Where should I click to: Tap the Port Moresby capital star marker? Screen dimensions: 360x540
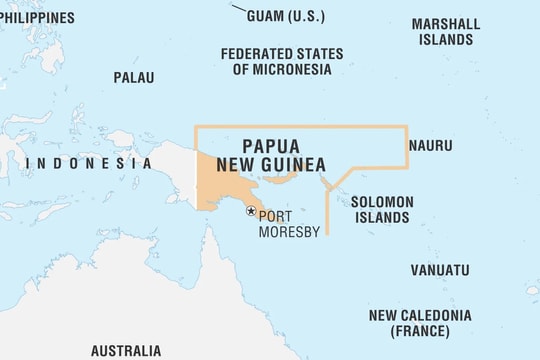coord(251,210)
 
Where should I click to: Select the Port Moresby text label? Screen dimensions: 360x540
coord(288,224)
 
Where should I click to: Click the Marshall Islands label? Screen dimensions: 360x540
coord(445,31)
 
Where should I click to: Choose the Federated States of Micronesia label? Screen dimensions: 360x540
coord(281,61)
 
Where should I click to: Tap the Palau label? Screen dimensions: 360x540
coord(133,77)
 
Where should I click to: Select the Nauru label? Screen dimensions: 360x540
coord(430,146)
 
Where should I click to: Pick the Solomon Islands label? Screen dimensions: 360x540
coord(381,209)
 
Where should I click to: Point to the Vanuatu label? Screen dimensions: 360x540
coord(439,270)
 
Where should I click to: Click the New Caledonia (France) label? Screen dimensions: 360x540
coord(419,322)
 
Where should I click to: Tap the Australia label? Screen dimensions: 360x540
coord(125,351)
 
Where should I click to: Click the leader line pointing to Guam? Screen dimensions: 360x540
coord(239,10)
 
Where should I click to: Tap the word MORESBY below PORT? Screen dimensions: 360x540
coord(289,232)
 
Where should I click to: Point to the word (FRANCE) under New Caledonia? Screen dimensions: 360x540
coord(419,330)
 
